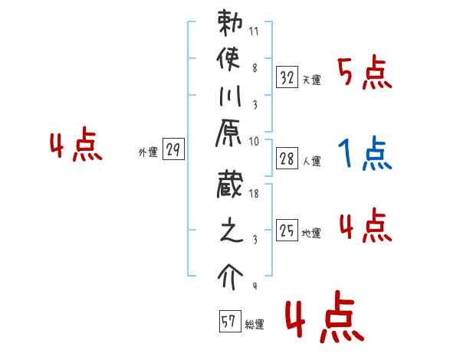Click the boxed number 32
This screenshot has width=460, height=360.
[x=287, y=77]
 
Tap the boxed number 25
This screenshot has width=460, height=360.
[x=287, y=230]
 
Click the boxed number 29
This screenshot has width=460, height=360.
[x=173, y=150]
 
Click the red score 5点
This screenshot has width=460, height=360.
[x=365, y=74]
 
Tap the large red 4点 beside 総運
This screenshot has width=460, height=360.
[x=322, y=320]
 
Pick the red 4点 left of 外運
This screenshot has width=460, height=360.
[x=75, y=147]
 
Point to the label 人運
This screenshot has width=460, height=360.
[x=311, y=162]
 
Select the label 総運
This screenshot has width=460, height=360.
[x=255, y=325]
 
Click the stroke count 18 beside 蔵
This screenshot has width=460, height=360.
[x=255, y=195]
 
